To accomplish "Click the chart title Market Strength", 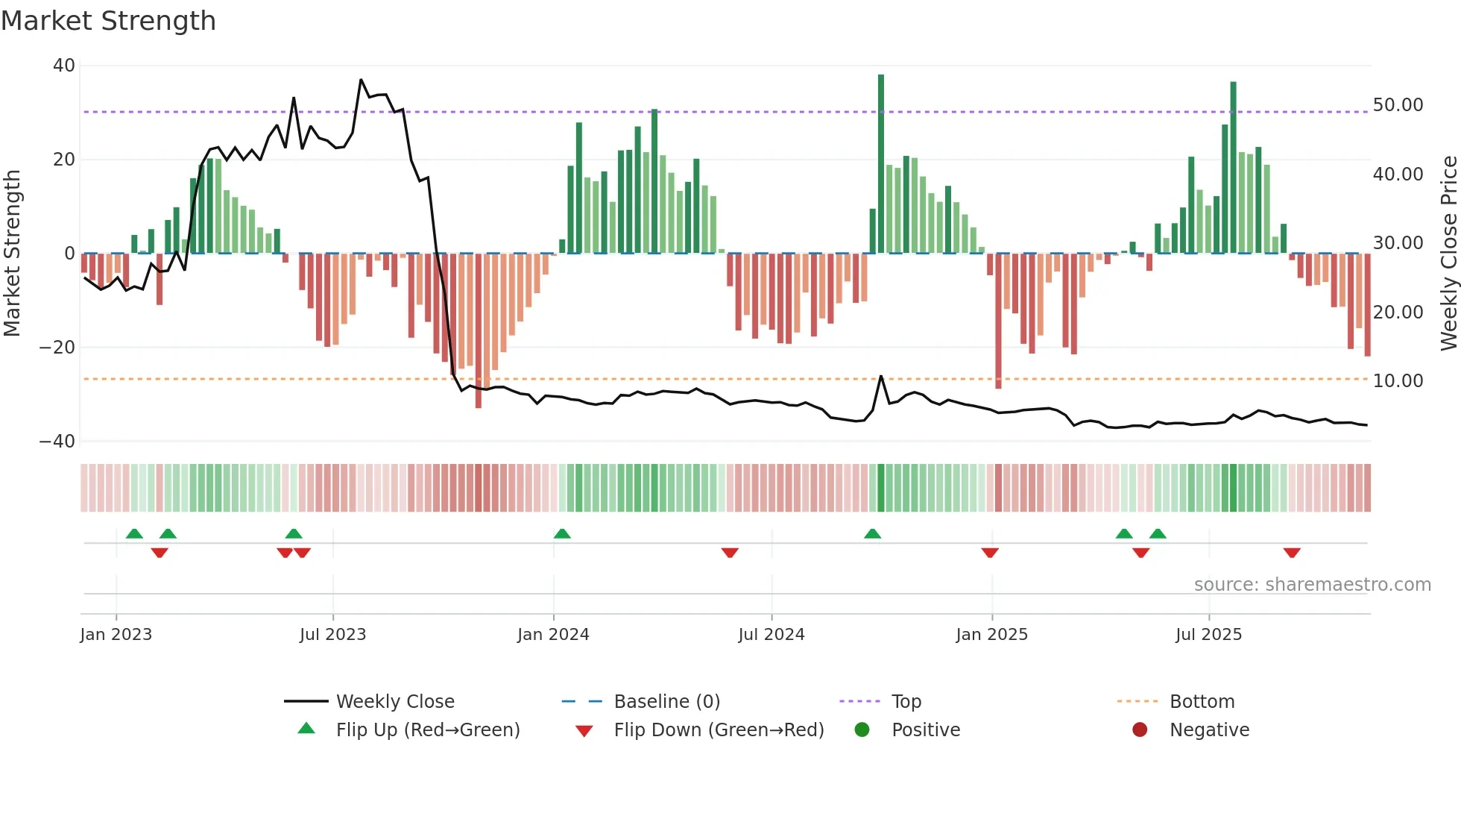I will click(108, 21).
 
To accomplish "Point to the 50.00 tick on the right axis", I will click(1398, 105).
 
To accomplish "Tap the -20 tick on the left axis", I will click(57, 348).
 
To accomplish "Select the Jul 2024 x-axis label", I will click(771, 635).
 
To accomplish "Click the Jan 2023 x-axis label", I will click(116, 635).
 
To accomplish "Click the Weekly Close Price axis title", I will click(1448, 253).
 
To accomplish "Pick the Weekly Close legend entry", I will click(394, 702).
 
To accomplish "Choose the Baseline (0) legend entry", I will click(666, 702).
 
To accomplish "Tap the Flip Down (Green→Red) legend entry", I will click(719, 730).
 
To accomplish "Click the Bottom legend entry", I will click(1202, 702).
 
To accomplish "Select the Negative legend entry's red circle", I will click(1140, 730).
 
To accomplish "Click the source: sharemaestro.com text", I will click(1312, 585).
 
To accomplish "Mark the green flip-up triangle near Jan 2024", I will click(562, 534).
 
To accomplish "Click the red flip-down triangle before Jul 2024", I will click(730, 553).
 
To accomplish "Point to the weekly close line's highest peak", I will click(361, 80).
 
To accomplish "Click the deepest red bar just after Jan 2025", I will click(998, 321).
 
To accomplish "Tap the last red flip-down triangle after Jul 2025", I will click(1292, 553).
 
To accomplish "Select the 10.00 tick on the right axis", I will click(1398, 381).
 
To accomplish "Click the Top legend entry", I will click(906, 702).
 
